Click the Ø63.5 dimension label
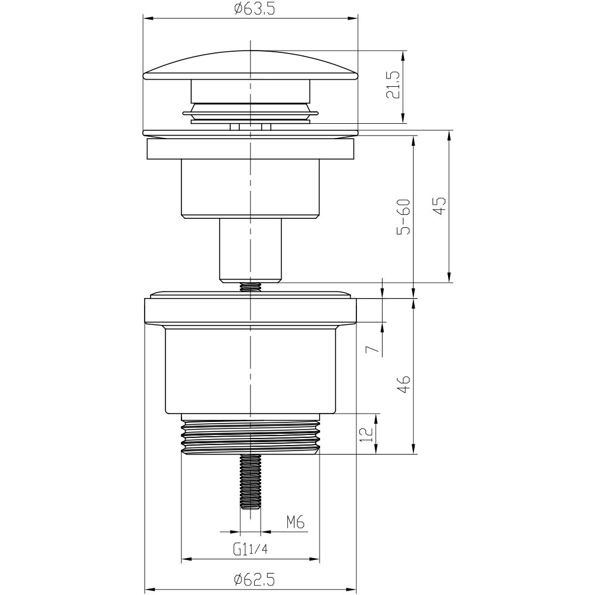pos(254,8)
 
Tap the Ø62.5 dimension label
pos(254,580)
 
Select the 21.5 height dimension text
pos(393,85)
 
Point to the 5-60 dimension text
pos(404,217)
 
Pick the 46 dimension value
pos(404,384)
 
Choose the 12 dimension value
pos(366,434)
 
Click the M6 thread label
pos(296,523)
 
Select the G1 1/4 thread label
pos(250,549)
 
